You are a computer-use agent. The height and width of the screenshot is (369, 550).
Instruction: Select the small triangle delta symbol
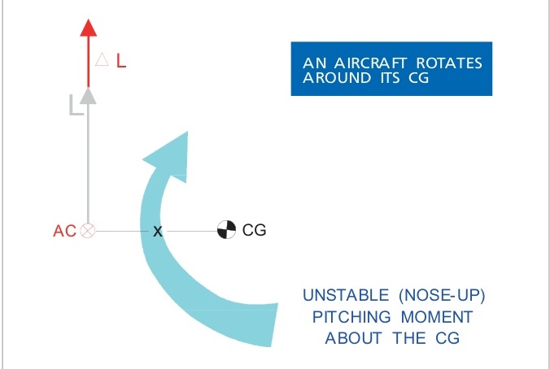pos(102,60)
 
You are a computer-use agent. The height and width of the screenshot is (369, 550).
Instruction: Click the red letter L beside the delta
pos(120,61)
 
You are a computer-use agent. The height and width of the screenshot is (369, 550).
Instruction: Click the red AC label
pos(64,231)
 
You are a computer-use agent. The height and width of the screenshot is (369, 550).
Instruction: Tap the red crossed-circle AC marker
pos(88,231)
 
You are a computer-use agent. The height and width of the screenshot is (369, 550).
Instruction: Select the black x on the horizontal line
pos(158,232)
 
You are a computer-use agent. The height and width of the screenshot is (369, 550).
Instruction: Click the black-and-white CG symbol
pos(226,231)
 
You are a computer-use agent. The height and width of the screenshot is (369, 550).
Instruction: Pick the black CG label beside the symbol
pos(255,231)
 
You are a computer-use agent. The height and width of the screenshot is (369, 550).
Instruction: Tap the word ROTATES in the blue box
pos(447,63)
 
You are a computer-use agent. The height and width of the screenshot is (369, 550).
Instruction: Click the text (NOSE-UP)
pos(445,294)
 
